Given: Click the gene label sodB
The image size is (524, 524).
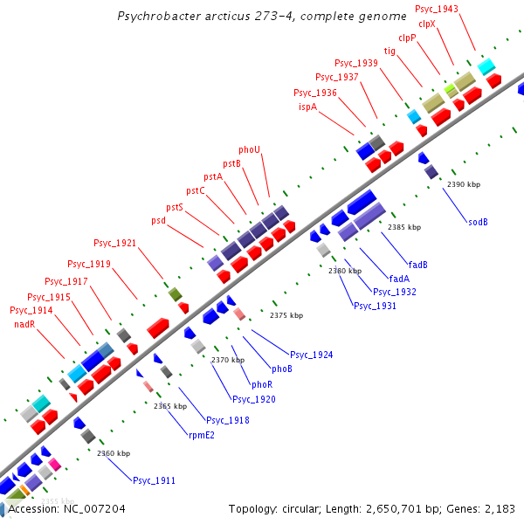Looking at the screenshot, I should click(478, 222).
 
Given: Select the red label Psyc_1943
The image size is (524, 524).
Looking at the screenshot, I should click(437, 9).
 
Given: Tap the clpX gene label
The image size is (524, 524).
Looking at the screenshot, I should click(427, 24).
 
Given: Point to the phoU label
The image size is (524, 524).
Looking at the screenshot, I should click(250, 149).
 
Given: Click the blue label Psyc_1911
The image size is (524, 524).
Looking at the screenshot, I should click(154, 480).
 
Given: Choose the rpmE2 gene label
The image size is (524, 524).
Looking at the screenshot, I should click(201, 434).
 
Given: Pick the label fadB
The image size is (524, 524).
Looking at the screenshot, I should click(417, 264).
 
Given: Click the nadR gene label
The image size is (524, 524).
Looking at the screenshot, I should click(24, 324).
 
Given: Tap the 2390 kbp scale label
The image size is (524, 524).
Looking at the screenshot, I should click(463, 184).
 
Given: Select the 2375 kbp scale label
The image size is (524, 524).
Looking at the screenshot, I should click(286, 315).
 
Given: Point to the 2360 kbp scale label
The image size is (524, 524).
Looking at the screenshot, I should click(114, 453).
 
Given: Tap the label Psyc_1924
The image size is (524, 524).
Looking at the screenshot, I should click(312, 354).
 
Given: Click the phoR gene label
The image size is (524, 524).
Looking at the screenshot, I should click(262, 384).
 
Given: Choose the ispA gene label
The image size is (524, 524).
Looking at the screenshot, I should click(307, 107).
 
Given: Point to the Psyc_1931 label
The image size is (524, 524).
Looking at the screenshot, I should click(375, 306).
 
